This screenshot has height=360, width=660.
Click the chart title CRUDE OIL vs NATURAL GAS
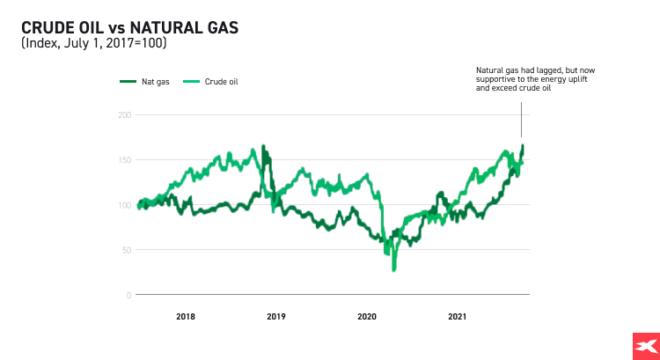129,28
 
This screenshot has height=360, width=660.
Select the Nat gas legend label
157,82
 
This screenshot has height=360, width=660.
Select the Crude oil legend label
222,82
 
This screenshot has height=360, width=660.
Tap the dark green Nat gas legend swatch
128,82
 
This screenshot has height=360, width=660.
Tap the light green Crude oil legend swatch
191,82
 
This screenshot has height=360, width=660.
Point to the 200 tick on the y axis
124,115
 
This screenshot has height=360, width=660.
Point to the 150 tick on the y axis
124,160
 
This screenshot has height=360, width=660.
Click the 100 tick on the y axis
124,205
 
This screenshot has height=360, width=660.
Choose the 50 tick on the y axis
126,250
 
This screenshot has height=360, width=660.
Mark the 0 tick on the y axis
128,295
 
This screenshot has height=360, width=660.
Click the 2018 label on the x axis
186,316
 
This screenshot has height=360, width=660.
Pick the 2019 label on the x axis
276,316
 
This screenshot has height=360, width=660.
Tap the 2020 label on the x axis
367,316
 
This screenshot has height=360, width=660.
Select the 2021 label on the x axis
458,316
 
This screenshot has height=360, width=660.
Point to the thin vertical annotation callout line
522,119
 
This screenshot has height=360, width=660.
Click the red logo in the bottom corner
645,346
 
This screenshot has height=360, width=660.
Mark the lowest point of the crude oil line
393,269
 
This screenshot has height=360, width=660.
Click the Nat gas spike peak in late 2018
262,146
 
